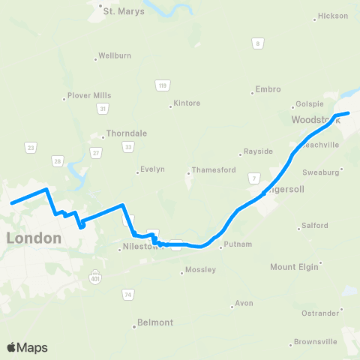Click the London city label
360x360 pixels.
pos(33,238)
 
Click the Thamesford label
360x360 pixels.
pos(214,169)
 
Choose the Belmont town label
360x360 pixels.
pos(155,322)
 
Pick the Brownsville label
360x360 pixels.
pos(314,341)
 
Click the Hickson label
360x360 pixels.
pos(333,16)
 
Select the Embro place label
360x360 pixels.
pos(268,89)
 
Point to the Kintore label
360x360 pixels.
pos(187,103)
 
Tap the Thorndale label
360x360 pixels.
pos(127,133)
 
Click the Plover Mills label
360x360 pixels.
pos(89,96)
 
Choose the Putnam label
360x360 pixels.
pos(236,245)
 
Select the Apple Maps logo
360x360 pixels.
pos(26,347)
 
